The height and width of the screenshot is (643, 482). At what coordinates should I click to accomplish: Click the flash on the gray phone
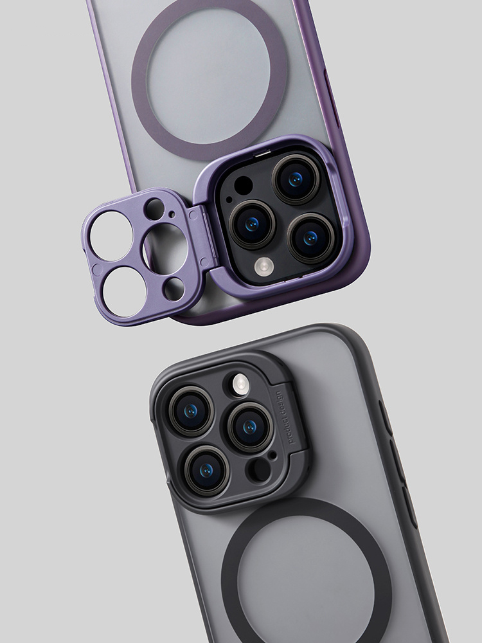click(240, 385)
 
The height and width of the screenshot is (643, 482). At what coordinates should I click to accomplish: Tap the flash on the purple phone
click(263, 266)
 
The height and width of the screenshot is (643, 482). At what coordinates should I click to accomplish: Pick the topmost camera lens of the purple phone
click(296, 178)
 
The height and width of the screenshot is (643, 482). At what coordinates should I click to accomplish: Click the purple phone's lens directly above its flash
click(253, 223)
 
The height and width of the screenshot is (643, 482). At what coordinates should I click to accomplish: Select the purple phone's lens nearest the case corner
click(311, 237)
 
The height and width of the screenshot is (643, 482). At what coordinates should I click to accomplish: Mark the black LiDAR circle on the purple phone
click(243, 186)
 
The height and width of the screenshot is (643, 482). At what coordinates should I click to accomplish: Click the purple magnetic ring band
click(209, 32)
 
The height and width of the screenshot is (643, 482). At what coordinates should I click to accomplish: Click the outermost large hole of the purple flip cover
click(111, 236)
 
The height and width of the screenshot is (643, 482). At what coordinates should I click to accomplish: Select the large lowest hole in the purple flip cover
click(124, 292)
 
